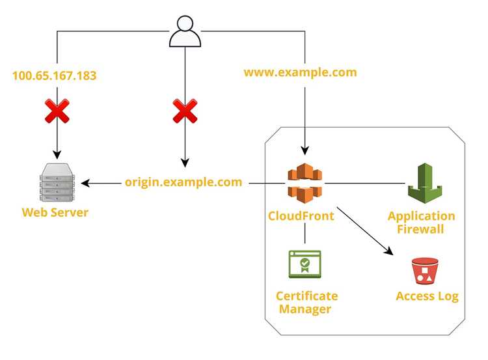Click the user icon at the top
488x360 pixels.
pyautogui.click(x=185, y=31)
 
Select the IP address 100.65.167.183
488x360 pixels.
pyautogui.click(x=55, y=76)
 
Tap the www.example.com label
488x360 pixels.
pyautogui.click(x=301, y=72)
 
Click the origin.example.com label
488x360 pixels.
pyautogui.click(x=183, y=182)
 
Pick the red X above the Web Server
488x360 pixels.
pyautogui.click(x=57, y=111)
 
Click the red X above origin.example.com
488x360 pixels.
pyautogui.click(x=185, y=111)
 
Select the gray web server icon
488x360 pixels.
pyautogui.click(x=57, y=182)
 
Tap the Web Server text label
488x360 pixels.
pyautogui.click(x=55, y=212)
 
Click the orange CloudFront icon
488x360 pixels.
pyautogui.click(x=305, y=183)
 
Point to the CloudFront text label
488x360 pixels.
pyautogui.click(x=301, y=216)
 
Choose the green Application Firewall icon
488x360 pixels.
pyautogui.click(x=425, y=183)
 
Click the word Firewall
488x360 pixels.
pyautogui.click(x=420, y=229)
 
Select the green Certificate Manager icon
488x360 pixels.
pyautogui.click(x=305, y=264)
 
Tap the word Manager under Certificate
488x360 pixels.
pyautogui.click(x=305, y=309)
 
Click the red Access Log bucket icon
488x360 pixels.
pyautogui.click(x=425, y=271)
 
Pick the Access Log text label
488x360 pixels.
pyautogui.click(x=427, y=296)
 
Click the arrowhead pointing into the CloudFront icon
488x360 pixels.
pyautogui.click(x=305, y=150)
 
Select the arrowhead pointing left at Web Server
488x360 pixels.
pyautogui.click(x=85, y=183)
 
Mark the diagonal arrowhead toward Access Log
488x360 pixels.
pyautogui.click(x=389, y=251)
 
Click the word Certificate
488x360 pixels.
pyautogui.click(x=307, y=296)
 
